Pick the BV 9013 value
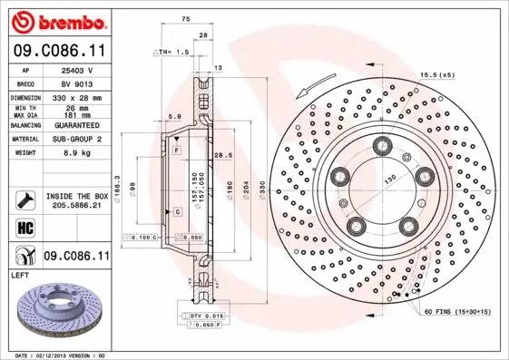click(75, 82)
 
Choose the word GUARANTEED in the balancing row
click(76, 125)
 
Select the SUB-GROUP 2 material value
click(76, 140)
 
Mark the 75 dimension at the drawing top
click(185, 18)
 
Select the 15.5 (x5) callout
click(436, 74)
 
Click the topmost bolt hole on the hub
click(380, 143)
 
